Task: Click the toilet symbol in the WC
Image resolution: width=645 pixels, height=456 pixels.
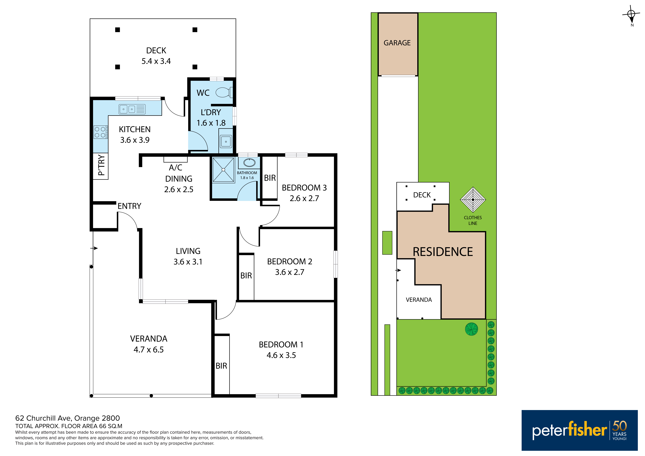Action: pos(224,92)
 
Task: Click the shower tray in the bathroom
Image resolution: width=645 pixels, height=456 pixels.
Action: pos(223,170)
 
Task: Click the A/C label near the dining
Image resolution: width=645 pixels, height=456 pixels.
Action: pos(176,168)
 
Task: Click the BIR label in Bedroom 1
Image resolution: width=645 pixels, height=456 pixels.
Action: pos(221,366)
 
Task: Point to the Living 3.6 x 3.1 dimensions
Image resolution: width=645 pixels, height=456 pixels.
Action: pos(188,262)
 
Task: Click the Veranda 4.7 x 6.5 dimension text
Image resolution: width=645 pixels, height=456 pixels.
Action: pos(149,350)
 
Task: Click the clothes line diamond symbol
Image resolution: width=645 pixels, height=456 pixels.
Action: pos(473,200)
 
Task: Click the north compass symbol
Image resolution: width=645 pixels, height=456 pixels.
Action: pos(631,14)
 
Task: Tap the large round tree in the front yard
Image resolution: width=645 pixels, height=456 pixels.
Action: pos(471,329)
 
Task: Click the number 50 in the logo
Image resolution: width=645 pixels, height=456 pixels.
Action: pos(619,426)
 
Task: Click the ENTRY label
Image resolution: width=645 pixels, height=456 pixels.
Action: pos(129,206)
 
